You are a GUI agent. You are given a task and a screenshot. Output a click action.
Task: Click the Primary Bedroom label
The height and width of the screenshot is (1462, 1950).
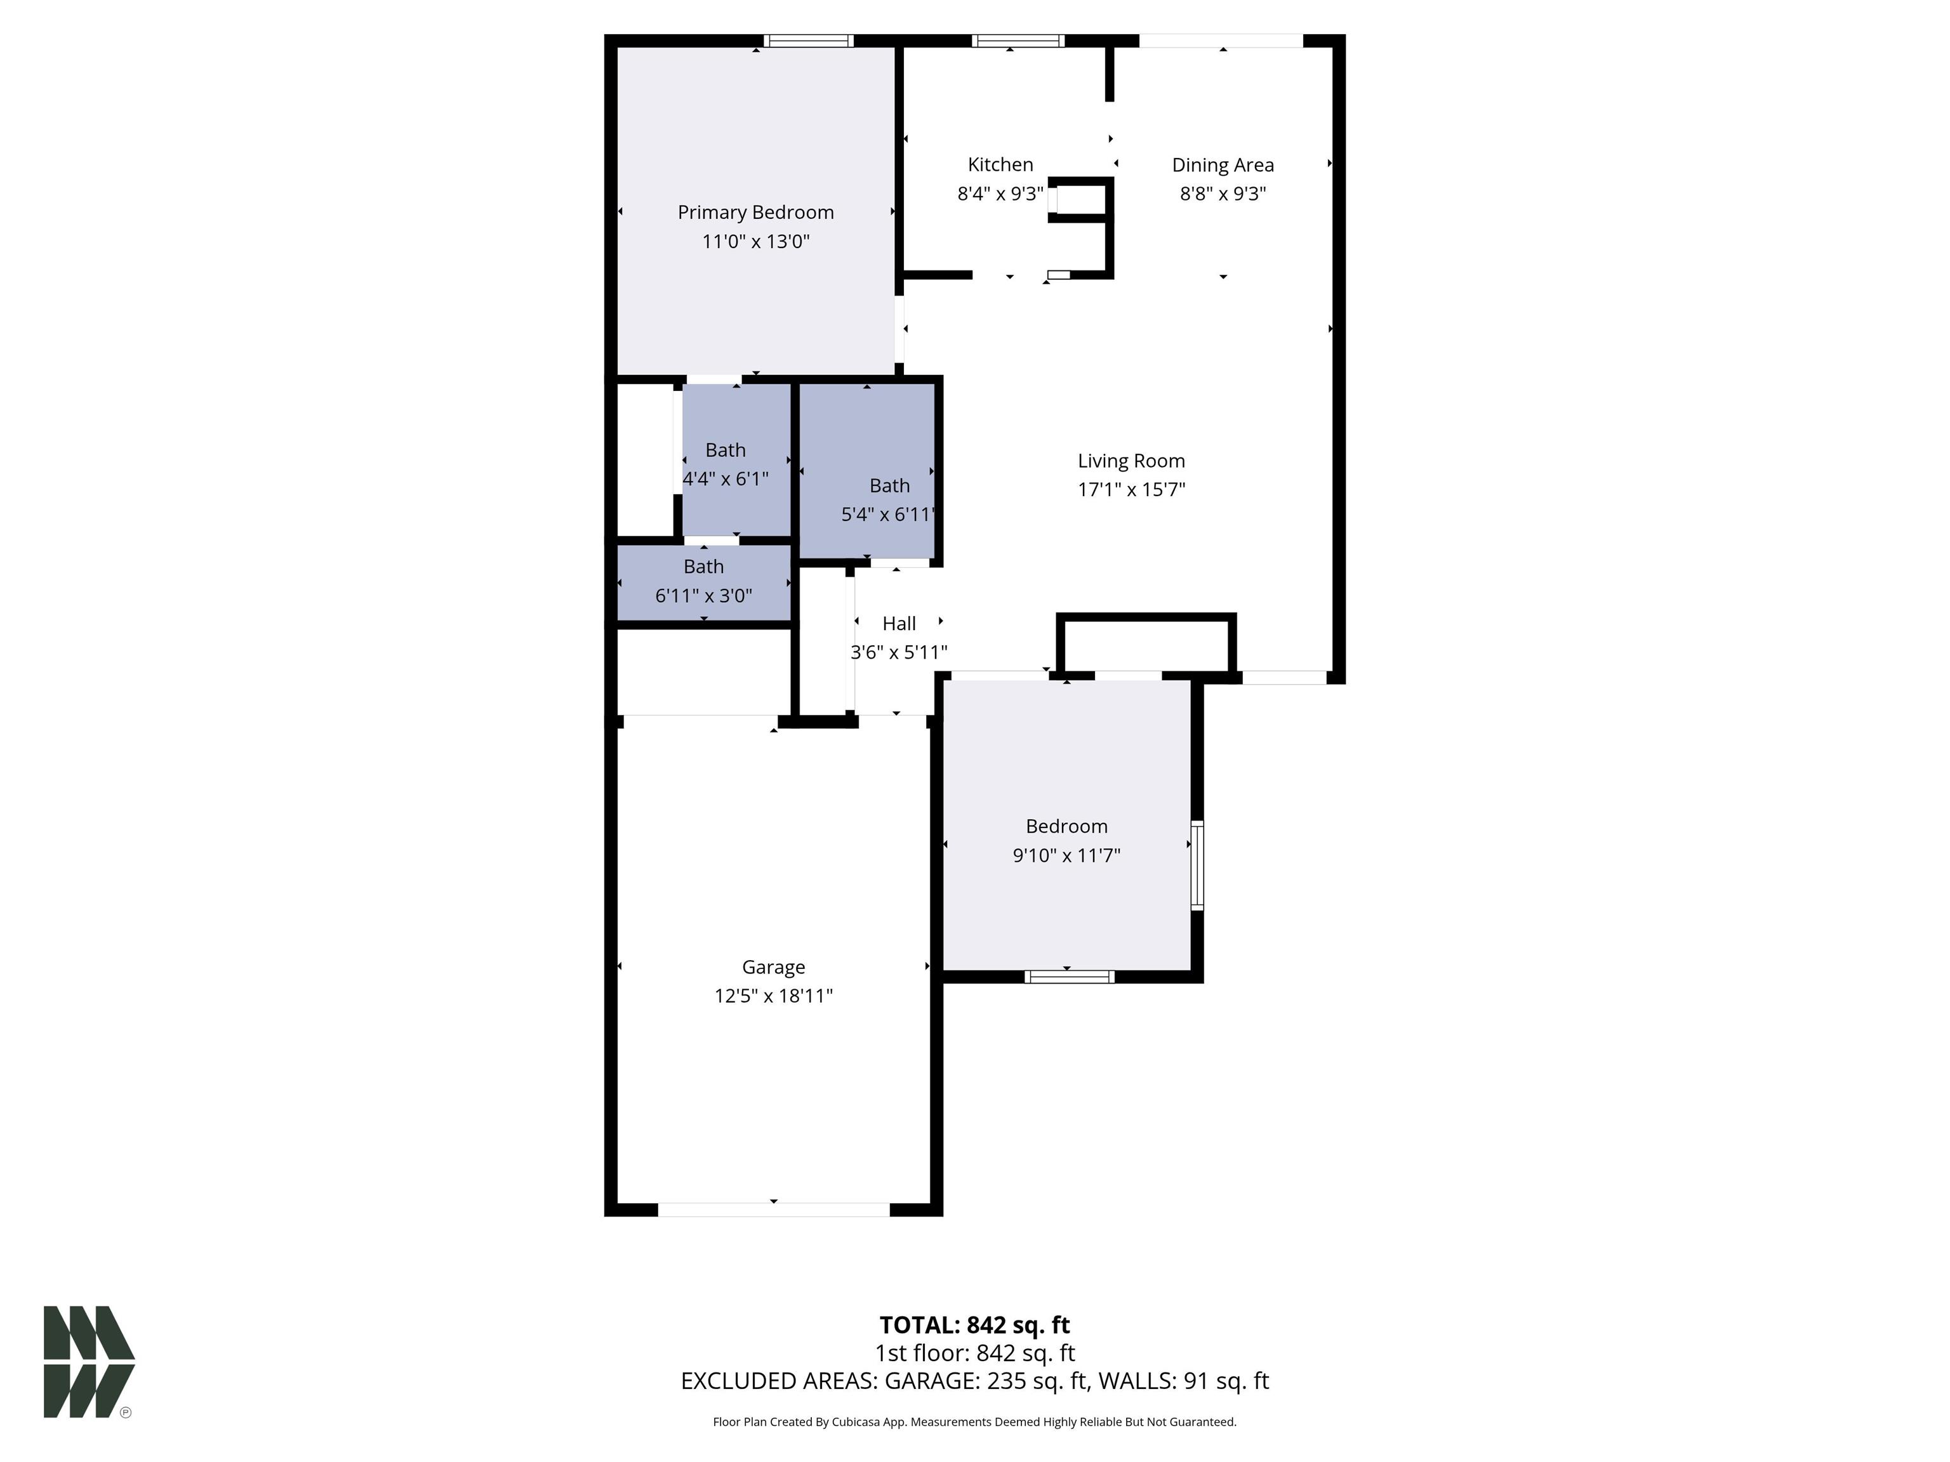[x=755, y=213]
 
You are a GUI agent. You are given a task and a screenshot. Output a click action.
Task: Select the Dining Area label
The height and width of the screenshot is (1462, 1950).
[x=1223, y=165]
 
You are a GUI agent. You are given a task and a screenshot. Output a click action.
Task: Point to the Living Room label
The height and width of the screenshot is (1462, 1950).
[x=1131, y=461]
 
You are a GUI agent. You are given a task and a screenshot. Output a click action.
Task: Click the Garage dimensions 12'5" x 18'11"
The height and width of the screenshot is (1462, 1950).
[x=773, y=996]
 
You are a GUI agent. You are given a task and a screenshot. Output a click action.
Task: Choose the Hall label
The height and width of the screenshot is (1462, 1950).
[x=899, y=624]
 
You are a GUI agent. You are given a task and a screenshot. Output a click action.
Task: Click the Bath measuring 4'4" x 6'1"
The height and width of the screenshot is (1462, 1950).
[x=726, y=464]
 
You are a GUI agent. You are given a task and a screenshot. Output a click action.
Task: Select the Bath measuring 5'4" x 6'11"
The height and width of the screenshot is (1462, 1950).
[x=889, y=499]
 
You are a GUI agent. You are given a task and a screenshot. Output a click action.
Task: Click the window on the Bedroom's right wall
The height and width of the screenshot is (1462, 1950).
[x=1197, y=866]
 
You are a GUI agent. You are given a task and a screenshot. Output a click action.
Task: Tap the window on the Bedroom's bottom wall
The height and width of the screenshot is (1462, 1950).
[x=1070, y=977]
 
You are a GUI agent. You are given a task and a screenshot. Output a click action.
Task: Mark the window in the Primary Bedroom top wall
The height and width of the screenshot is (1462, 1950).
[x=809, y=41]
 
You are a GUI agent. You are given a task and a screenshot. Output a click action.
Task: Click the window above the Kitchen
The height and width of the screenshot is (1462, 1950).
[x=1018, y=41]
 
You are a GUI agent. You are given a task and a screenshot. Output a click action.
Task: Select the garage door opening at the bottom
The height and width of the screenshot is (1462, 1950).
[x=773, y=1210]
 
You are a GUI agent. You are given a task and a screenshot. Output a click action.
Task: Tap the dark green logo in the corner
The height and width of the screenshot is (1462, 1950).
[x=88, y=1362]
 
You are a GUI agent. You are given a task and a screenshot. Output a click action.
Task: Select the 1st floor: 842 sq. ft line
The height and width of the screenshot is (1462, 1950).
[x=974, y=1353]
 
